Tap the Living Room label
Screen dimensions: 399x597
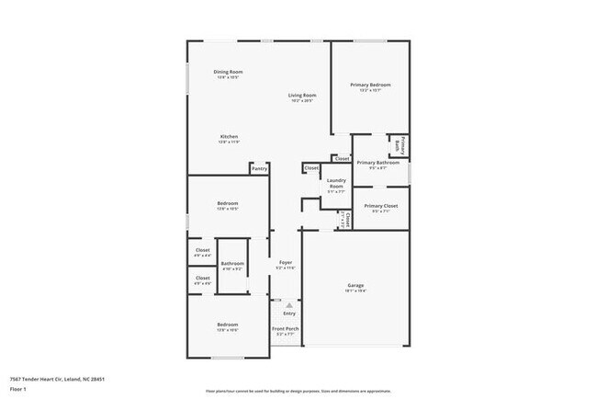pos(302,96)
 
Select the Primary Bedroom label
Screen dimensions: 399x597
pos(370,85)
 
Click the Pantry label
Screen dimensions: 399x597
pos(260,168)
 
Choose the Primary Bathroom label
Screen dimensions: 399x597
pos(377,163)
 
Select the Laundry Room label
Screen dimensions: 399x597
pos(335,183)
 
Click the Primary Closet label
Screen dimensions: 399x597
pos(380,206)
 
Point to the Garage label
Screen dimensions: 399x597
pos(355,285)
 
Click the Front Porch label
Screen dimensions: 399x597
pos(286,328)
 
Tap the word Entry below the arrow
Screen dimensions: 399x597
pos(289,313)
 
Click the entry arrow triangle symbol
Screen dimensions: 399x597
pos(289,304)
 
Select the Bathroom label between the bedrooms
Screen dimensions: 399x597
pos(231,264)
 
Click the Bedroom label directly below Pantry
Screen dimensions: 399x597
pos(228,203)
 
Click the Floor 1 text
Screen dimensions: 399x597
pos(18,389)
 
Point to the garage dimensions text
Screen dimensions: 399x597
pos(355,291)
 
